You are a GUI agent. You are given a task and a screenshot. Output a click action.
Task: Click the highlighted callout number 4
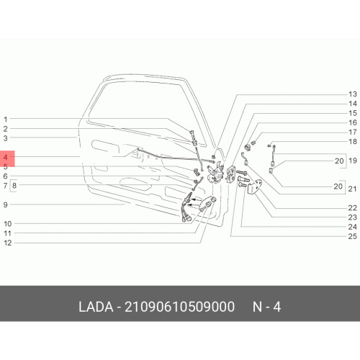(5, 158)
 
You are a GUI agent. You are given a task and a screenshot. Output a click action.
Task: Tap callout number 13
(353, 94)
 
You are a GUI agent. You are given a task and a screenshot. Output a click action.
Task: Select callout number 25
(352, 236)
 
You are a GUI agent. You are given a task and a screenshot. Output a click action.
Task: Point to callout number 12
(8, 243)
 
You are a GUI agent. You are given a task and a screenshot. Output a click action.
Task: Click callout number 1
(6, 119)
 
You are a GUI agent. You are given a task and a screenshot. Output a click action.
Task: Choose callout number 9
(5, 204)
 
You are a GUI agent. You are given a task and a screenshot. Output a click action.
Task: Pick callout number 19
(353, 161)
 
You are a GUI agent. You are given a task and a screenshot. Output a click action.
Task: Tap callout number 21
(352, 189)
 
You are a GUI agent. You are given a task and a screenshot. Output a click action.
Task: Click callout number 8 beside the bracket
(14, 186)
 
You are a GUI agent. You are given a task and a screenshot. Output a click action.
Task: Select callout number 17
(353, 132)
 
